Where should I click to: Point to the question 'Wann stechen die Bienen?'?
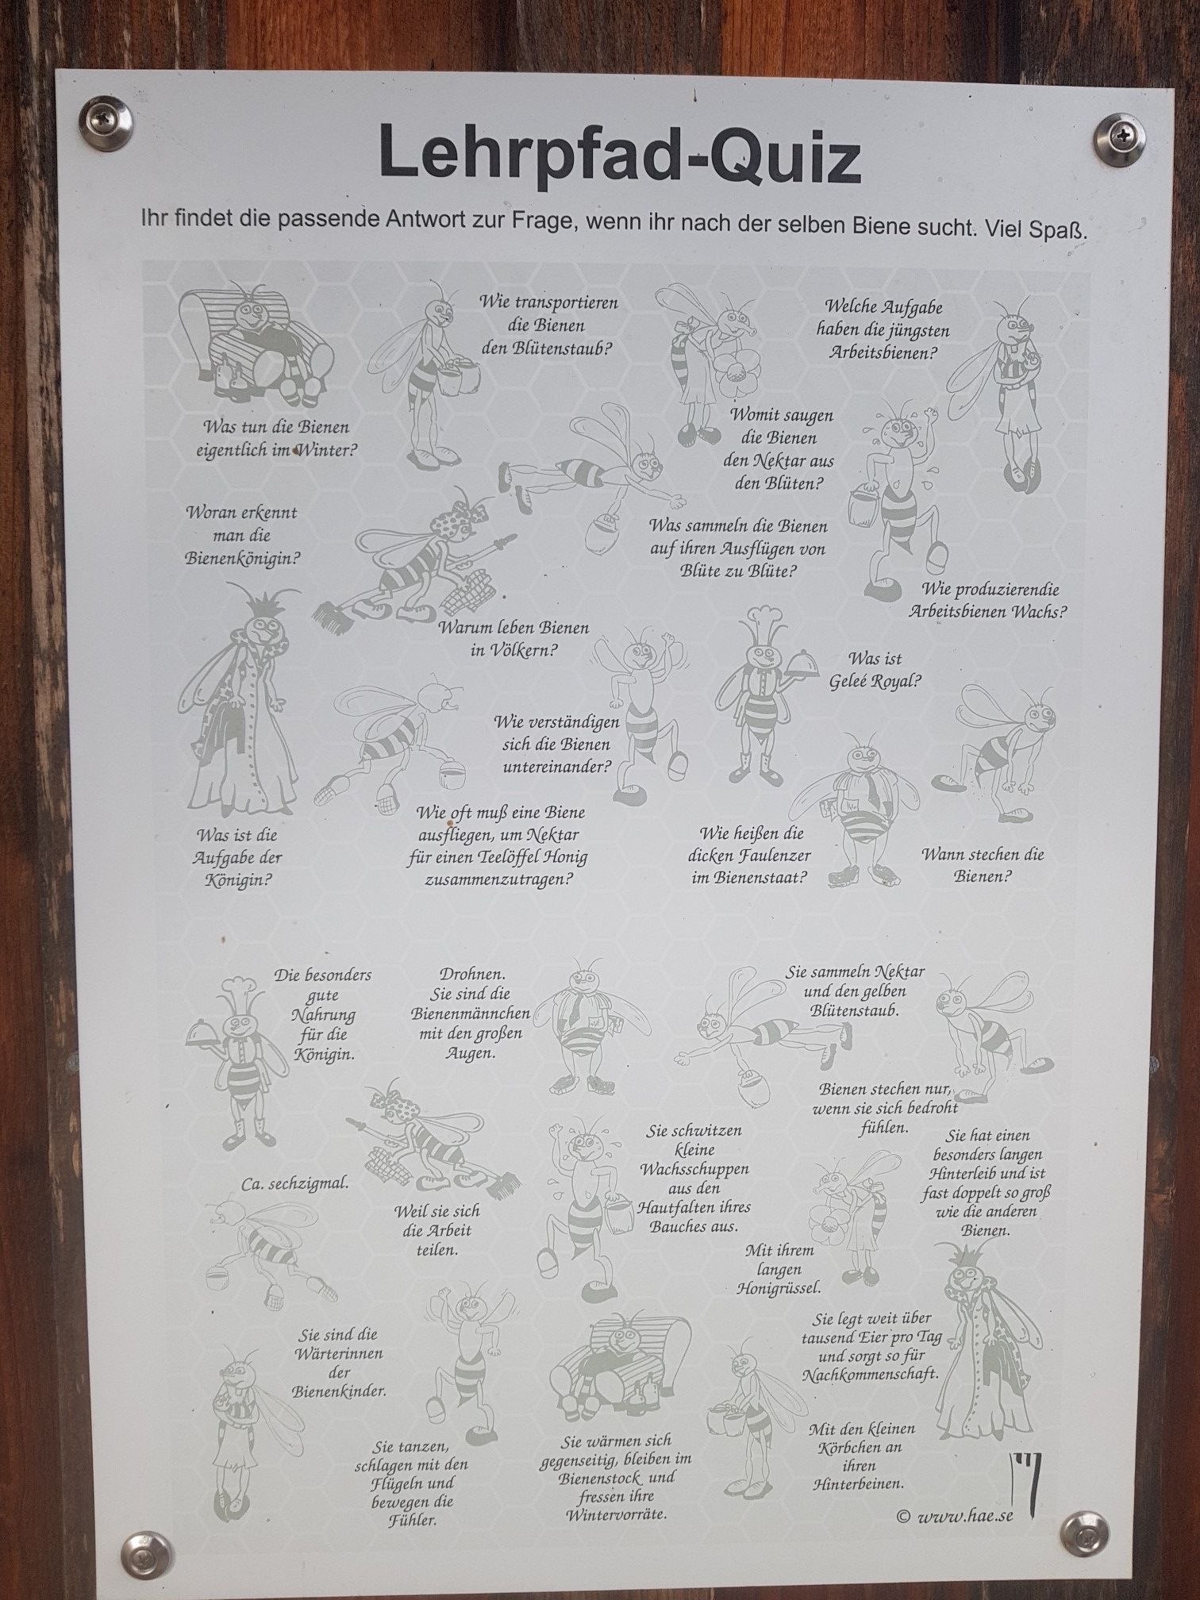(x=983, y=865)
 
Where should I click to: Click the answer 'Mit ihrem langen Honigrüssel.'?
(x=779, y=1270)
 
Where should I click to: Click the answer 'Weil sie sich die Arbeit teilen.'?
(x=437, y=1230)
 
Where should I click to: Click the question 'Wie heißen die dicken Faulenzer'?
(x=750, y=856)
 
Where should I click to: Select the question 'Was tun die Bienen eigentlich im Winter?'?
(x=275, y=439)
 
